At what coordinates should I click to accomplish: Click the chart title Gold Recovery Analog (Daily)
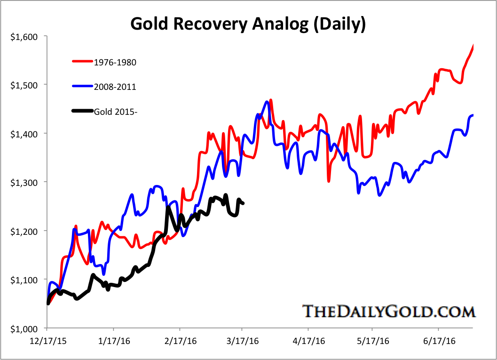click(x=248, y=23)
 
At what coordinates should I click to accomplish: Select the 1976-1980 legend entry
click(x=111, y=62)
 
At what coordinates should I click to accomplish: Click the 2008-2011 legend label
click(x=111, y=87)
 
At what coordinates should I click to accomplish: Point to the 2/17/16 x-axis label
click(x=179, y=342)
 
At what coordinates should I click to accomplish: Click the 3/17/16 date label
click(x=242, y=342)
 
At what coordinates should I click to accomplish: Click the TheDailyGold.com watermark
click(x=388, y=312)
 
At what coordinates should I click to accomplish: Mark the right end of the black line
click(x=243, y=203)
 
